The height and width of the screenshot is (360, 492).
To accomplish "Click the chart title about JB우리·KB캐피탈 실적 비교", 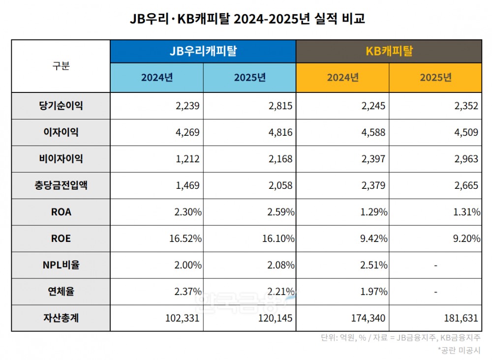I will pyautogui.click(x=246, y=20).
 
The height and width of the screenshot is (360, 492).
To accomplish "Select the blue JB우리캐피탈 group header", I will pyautogui.click(x=203, y=51).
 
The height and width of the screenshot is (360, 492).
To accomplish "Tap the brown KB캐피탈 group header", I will pyautogui.click(x=389, y=51).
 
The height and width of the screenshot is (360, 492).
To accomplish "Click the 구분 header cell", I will pyautogui.click(x=61, y=66).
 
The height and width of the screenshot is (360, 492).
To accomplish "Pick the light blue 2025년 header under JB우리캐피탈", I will pyautogui.click(x=249, y=78).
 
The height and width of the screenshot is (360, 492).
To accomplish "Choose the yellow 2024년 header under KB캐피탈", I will pyautogui.click(x=342, y=78).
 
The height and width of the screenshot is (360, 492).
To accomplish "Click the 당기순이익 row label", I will pyautogui.click(x=61, y=106).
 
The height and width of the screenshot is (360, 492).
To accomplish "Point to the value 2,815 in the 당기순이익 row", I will pyautogui.click(x=280, y=106).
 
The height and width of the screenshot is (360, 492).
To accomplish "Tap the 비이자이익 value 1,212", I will pyautogui.click(x=187, y=159).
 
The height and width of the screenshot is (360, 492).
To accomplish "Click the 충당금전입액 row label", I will pyautogui.click(x=61, y=185).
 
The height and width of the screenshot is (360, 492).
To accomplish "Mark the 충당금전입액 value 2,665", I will pyautogui.click(x=466, y=186).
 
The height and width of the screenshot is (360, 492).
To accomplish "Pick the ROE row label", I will pyautogui.click(x=61, y=239).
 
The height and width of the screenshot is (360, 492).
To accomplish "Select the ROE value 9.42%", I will pyautogui.click(x=372, y=239).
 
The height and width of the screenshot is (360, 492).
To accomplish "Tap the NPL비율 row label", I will pyautogui.click(x=61, y=265).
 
